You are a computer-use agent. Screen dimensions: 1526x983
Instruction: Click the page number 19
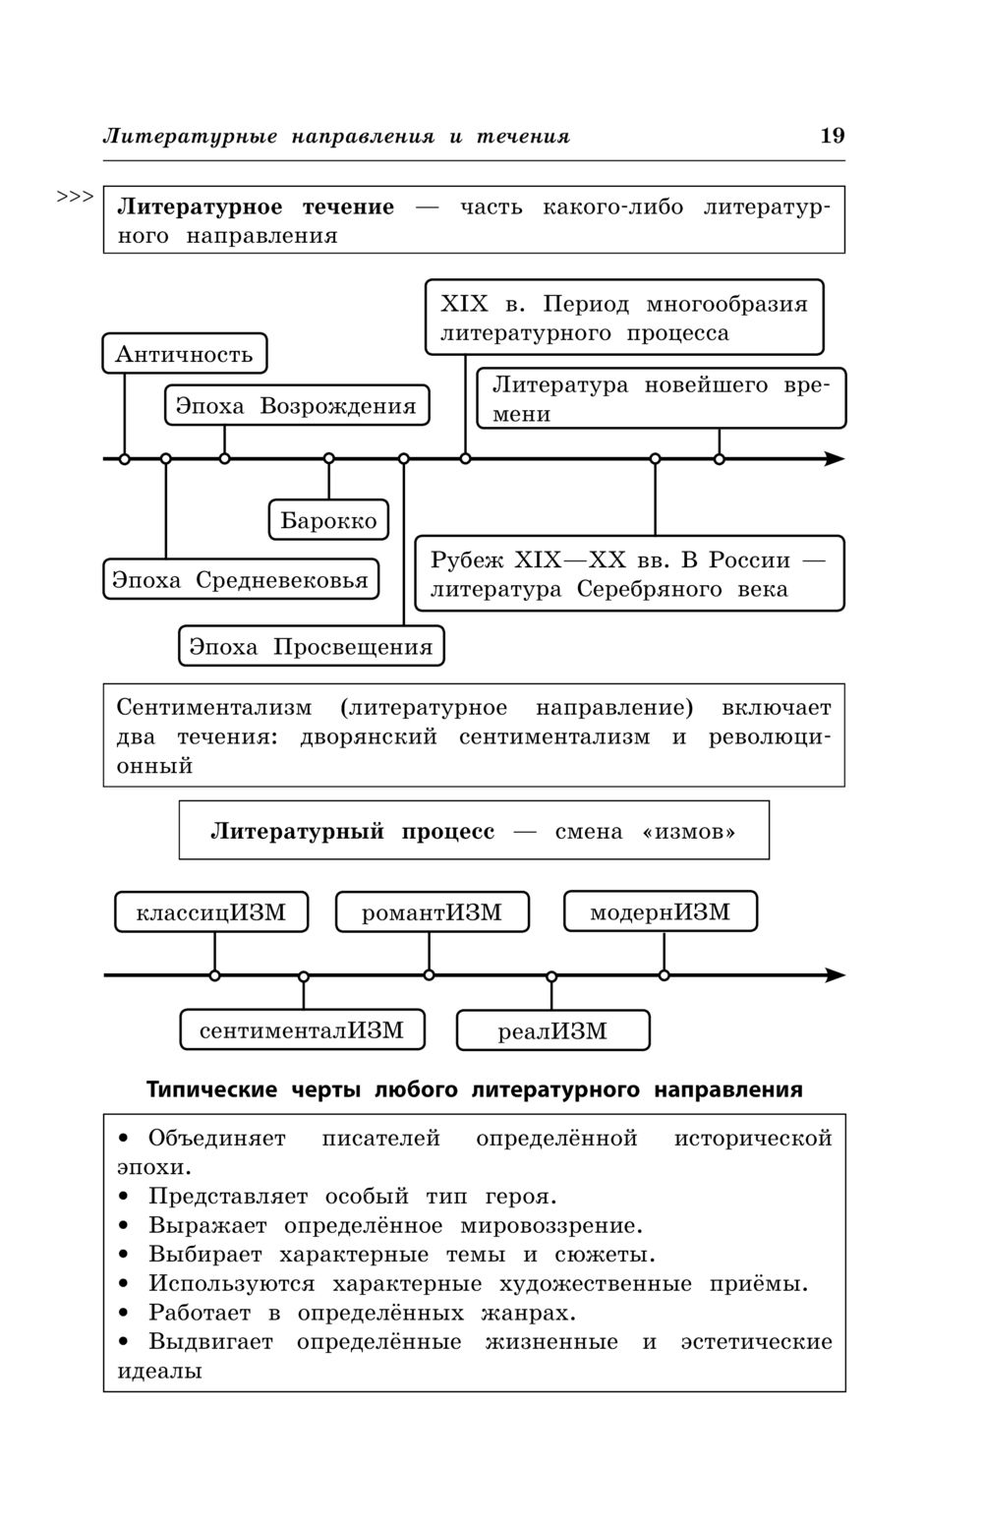click(832, 136)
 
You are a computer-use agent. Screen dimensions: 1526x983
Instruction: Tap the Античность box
click(185, 354)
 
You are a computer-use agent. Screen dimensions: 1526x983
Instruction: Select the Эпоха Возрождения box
click(296, 405)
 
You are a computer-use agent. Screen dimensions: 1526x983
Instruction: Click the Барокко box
click(328, 520)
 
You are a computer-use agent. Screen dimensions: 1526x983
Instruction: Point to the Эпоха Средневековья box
click(240, 579)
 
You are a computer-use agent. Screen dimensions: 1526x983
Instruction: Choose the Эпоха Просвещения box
click(311, 646)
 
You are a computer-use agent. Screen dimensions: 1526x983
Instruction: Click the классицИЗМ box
click(211, 912)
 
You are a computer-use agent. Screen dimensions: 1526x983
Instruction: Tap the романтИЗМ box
click(432, 912)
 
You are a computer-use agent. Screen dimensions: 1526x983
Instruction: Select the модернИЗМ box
click(661, 911)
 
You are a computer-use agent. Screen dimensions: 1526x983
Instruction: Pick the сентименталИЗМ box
click(302, 1029)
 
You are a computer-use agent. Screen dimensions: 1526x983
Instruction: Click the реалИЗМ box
click(552, 1030)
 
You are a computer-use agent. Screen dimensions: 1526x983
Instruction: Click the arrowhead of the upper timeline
click(836, 459)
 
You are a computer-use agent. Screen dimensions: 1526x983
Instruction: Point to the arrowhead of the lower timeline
click(836, 975)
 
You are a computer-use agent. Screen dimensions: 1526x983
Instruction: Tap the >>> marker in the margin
click(75, 197)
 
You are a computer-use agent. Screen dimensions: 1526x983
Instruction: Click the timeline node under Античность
click(125, 459)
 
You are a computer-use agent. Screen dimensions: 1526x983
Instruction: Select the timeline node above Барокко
click(329, 459)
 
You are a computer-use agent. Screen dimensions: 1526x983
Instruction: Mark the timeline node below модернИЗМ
click(665, 975)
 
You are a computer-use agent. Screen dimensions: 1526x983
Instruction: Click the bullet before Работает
click(124, 1313)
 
